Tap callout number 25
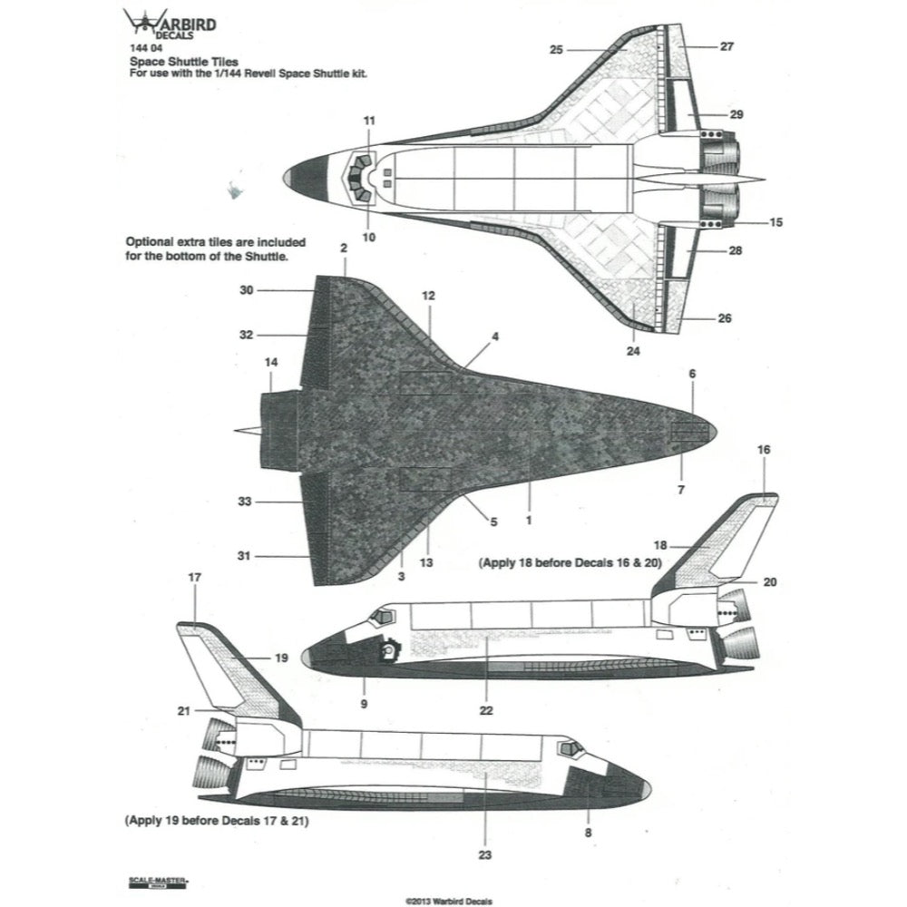tap(557, 49)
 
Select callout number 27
tap(727, 46)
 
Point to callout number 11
tap(368, 120)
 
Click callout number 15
tap(775, 222)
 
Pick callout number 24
tap(633, 352)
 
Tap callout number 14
tap(270, 363)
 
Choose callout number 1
tap(529, 521)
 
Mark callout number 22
tap(486, 710)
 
